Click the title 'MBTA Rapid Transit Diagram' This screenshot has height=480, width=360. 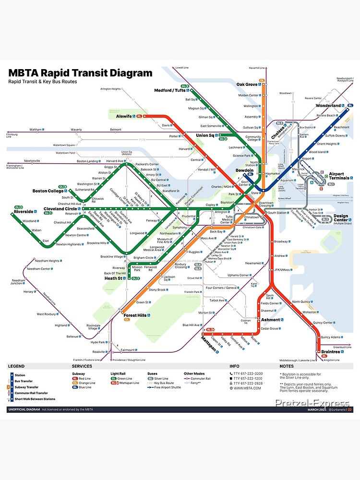point(80,73)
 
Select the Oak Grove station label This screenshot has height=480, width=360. point(247,84)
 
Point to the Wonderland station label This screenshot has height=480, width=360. point(328,106)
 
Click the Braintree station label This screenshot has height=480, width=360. point(331,352)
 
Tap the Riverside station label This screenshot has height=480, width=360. point(24,211)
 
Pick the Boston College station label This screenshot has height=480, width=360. point(48,191)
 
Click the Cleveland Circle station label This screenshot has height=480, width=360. point(60,209)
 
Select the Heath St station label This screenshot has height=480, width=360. point(114,278)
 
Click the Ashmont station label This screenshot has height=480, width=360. point(270,320)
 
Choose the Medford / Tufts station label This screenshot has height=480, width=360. point(169,90)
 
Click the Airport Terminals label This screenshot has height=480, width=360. point(339,176)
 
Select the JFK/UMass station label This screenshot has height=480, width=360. point(283,270)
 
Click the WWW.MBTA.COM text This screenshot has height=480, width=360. point(247,388)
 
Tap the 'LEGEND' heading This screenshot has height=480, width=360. point(16,366)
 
